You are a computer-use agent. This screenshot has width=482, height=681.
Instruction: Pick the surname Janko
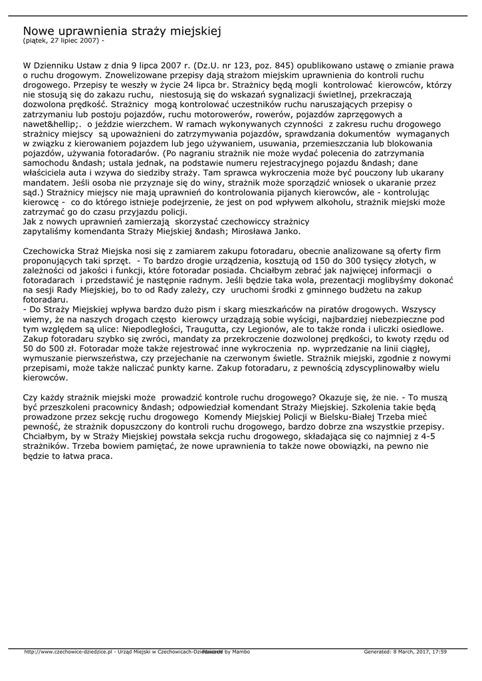click(287, 231)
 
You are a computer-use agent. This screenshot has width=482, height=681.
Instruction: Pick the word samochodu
click(47, 162)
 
